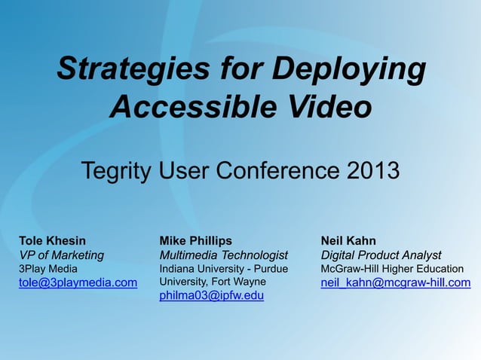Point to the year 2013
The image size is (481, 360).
[373, 171]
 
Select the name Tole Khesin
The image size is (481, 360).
[52, 241]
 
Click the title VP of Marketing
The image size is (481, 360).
[61, 255]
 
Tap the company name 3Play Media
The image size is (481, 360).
[47, 268]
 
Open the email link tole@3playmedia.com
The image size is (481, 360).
[78, 282]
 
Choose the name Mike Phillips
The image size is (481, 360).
[195, 241]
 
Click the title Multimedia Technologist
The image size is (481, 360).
[224, 255]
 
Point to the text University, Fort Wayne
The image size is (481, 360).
[213, 282]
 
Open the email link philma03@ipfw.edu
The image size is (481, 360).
[211, 296]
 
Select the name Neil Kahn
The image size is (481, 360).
[348, 241]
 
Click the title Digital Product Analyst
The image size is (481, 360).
[381, 255]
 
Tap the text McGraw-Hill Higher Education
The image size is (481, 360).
[392, 268]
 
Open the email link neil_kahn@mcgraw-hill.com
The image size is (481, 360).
[396, 282]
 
